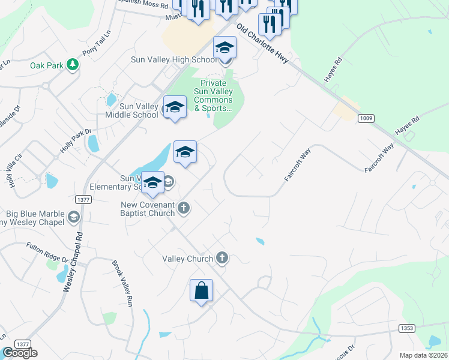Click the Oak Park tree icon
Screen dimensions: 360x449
[x=73, y=64]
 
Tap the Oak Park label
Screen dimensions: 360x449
[x=47, y=64]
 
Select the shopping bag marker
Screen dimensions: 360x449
[x=201, y=291]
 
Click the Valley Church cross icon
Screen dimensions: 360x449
[x=222, y=259]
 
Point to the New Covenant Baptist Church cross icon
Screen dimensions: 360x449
[x=184, y=208]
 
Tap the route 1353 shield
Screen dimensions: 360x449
[x=406, y=328]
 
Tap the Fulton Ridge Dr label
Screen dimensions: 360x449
[x=47, y=251]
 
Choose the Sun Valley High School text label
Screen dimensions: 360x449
[x=174, y=59]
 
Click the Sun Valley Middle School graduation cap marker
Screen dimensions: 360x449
[x=175, y=107]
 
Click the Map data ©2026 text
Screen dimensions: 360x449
[x=423, y=355]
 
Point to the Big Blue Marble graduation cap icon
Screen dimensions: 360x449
[x=74, y=217]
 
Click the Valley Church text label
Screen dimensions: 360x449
[x=188, y=259]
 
